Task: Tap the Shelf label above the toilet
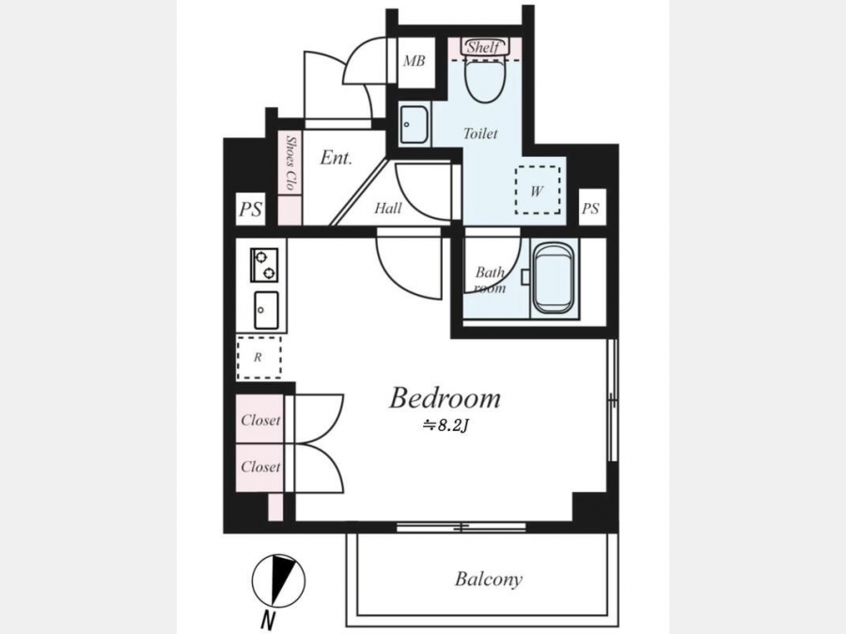[x=483, y=47]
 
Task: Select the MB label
[x=415, y=61]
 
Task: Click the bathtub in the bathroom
[x=552, y=278]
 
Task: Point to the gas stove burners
[x=264, y=265]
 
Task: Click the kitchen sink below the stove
[x=266, y=310]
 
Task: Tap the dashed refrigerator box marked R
[x=258, y=358]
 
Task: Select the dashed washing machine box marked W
[x=538, y=190]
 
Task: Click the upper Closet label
[x=260, y=420]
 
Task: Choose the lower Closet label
[x=260, y=466]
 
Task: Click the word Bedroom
[x=446, y=398]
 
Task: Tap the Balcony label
[x=489, y=580]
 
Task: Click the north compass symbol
[x=278, y=581]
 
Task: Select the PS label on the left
[x=251, y=209]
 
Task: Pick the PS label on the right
[x=591, y=209]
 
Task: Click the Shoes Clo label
[x=291, y=162]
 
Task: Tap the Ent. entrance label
[x=337, y=158]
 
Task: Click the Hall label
[x=388, y=208]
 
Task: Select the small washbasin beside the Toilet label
[x=415, y=125]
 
